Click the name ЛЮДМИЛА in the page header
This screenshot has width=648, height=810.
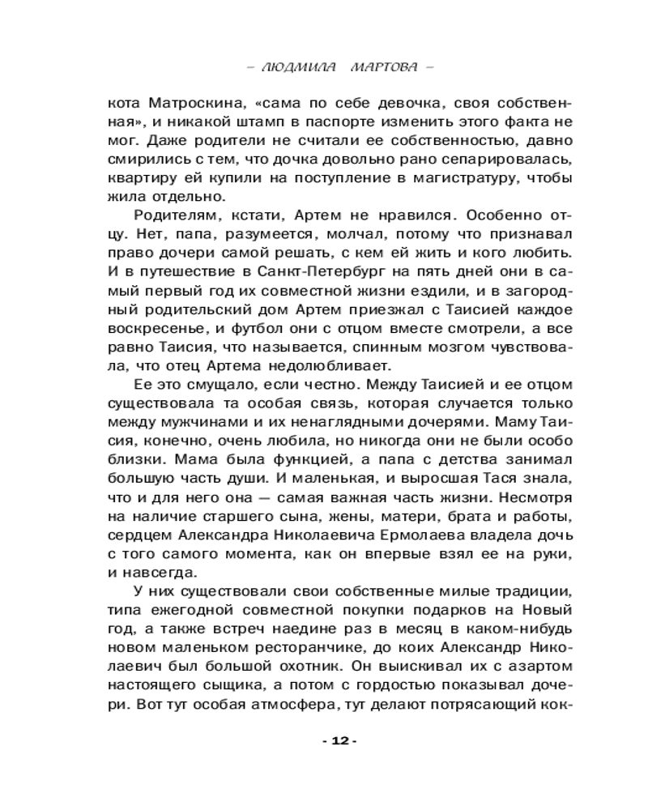click(x=296, y=67)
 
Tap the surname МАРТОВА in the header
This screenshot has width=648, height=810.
click(x=384, y=67)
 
